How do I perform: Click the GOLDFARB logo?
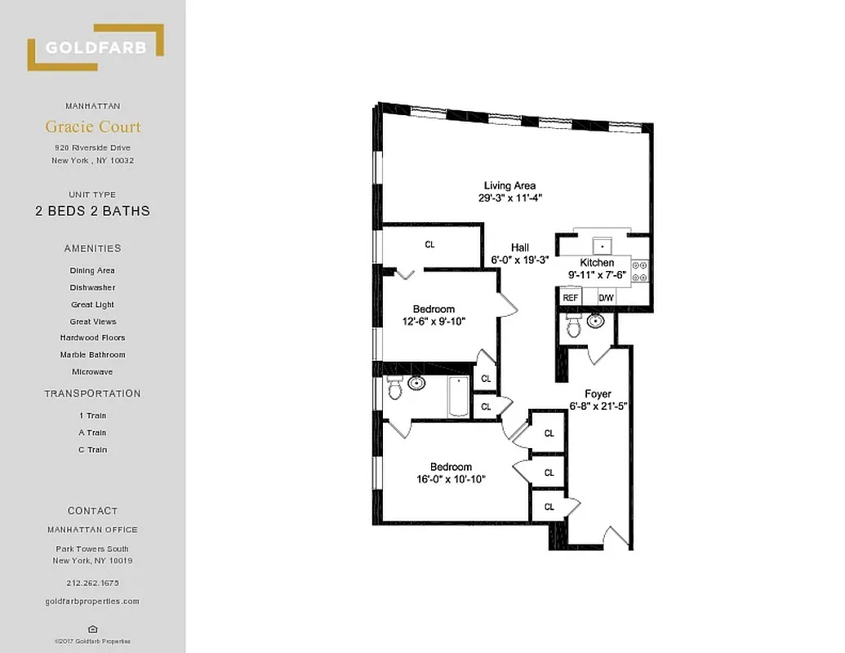96,47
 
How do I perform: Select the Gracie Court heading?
92,127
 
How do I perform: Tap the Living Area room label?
509,185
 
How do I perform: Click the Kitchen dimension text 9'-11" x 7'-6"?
597,274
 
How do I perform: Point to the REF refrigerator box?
570,299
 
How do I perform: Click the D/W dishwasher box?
607,299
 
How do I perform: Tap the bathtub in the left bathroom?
458,397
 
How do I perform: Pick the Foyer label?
598,393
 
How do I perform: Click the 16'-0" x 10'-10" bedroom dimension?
451,479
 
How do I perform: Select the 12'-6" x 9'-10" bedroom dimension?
434,321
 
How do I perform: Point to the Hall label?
520,247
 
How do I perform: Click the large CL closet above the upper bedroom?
430,244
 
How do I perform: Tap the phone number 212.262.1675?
92,584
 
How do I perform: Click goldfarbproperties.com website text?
92,602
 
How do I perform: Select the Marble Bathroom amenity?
92,355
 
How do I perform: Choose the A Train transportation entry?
92,433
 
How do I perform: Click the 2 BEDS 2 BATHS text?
92,211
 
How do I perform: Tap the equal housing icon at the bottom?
92,629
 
